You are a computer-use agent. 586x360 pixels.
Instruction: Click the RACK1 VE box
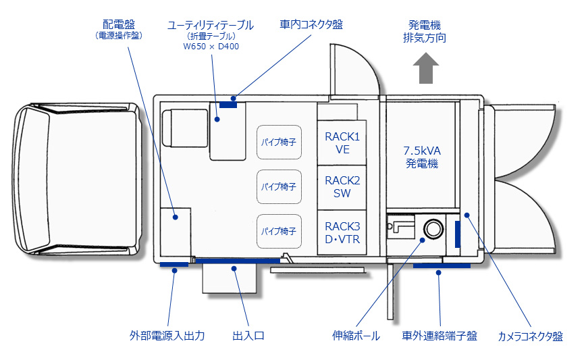(342, 143)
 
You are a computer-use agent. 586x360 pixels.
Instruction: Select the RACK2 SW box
(342, 187)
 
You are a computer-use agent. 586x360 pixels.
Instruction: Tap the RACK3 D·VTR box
(342, 232)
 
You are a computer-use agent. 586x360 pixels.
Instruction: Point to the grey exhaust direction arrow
(425, 70)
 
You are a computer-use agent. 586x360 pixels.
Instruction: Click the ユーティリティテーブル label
(211, 25)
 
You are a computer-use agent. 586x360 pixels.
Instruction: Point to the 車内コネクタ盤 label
(311, 24)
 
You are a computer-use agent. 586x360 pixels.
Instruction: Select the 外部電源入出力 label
(167, 335)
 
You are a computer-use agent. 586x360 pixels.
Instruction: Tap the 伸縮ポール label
(356, 335)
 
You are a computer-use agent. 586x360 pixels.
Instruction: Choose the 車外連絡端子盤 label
(439, 335)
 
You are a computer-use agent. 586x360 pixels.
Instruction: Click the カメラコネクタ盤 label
(530, 336)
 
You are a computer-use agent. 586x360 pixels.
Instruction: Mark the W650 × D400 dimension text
(211, 47)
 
